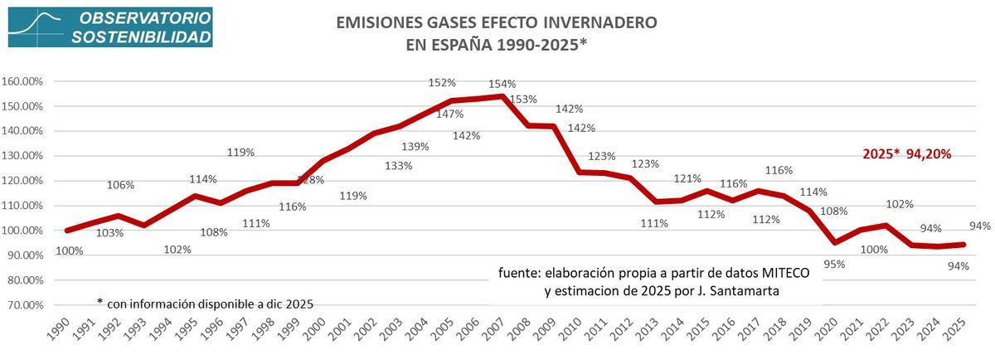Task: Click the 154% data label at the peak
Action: click(x=502, y=84)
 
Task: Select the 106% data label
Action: click(x=120, y=185)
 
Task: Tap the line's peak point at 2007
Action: click(x=502, y=96)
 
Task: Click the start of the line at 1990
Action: click(x=67, y=230)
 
